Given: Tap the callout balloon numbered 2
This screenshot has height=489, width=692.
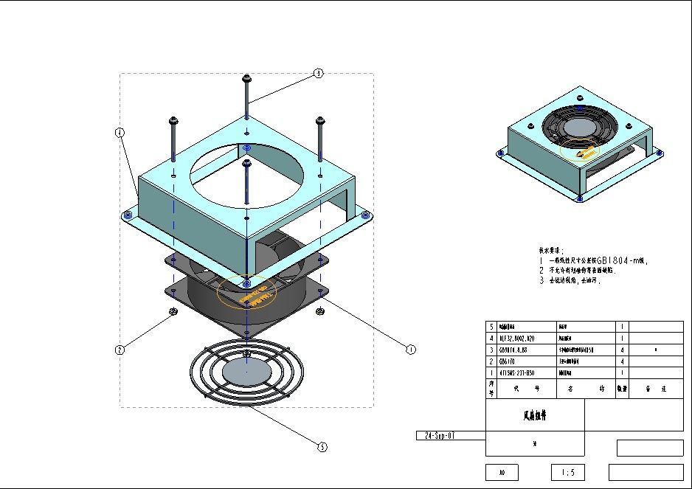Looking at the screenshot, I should tap(120, 350).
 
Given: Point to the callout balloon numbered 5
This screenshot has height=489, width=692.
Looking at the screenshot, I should tap(322, 446).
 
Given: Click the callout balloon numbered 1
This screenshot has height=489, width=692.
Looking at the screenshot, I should tap(411, 350).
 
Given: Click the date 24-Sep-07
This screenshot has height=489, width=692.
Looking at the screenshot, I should tap(440, 436).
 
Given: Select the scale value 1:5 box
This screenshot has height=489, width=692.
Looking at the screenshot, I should tap(568, 472).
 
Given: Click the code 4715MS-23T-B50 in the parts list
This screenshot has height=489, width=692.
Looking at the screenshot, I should tap(517, 373).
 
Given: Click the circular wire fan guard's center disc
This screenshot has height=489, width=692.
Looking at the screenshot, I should tap(246, 370).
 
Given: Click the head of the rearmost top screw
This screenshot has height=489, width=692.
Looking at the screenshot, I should tap(246, 77).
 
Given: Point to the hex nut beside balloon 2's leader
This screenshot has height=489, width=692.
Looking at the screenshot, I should tap(173, 312).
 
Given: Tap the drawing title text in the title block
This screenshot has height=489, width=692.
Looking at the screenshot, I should tap(535, 415).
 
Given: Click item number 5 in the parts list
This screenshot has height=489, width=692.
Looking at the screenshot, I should tap(491, 326).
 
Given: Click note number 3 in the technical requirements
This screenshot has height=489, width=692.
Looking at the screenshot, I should tap(541, 280).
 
